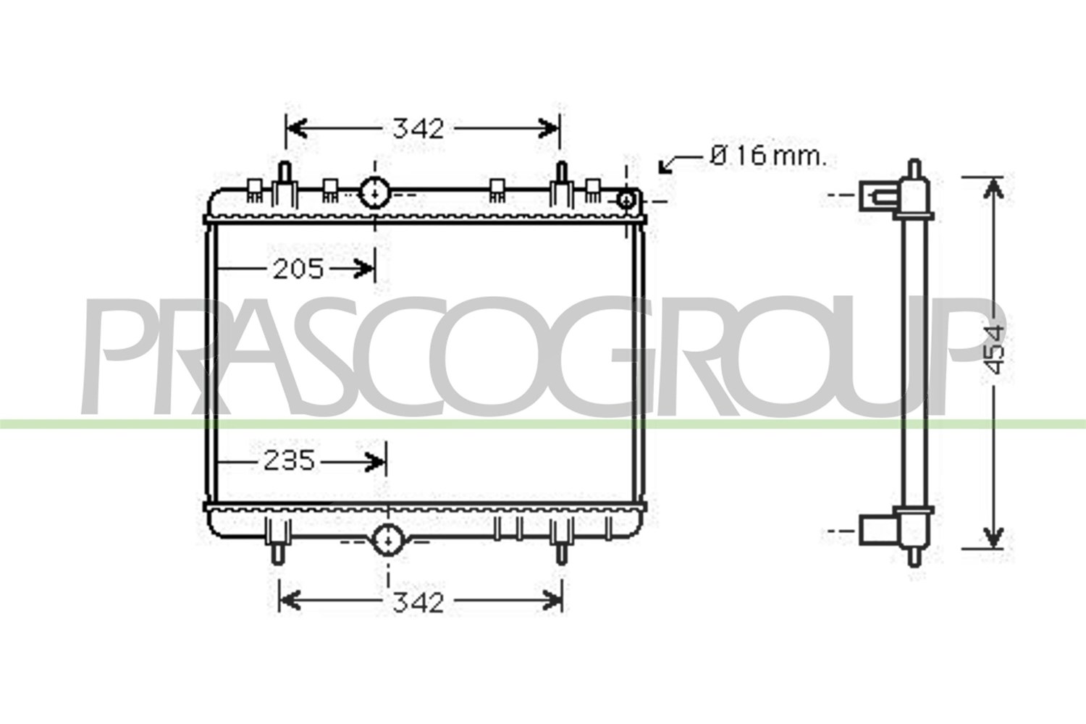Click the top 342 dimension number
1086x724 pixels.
(x=418, y=128)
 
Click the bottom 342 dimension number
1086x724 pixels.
(x=418, y=603)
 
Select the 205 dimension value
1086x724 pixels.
(x=298, y=269)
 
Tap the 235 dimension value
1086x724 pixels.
(x=290, y=460)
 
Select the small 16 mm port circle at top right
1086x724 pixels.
(x=627, y=199)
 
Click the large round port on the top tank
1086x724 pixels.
(x=374, y=193)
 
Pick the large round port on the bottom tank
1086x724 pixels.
(x=388, y=539)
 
